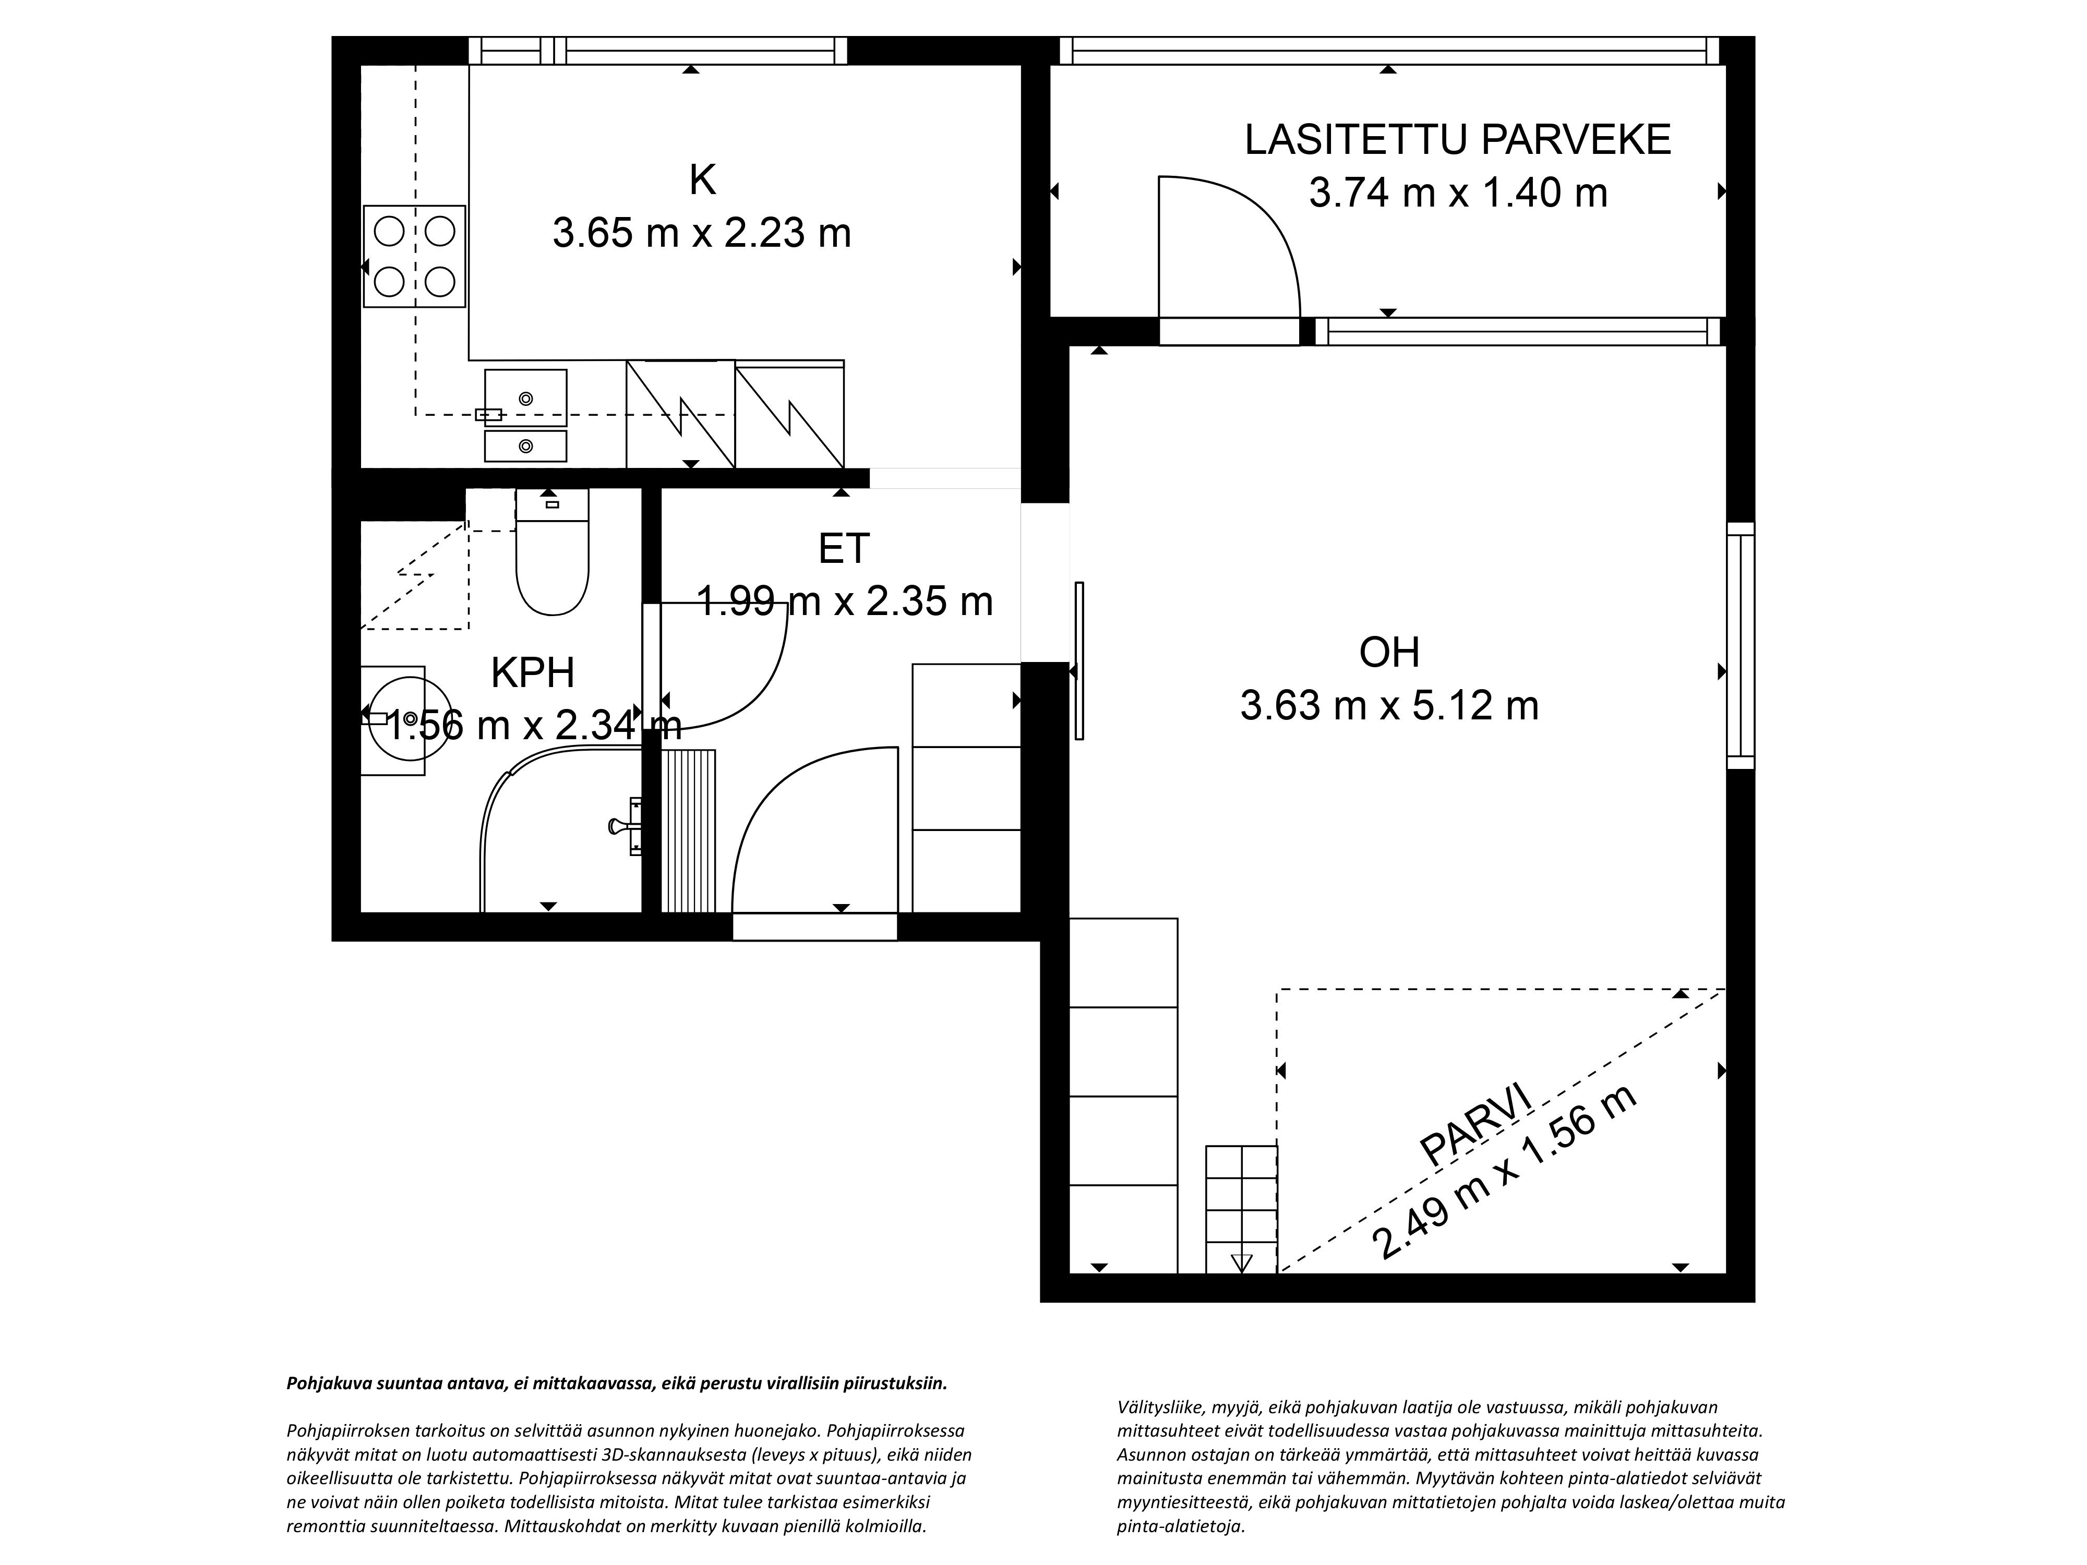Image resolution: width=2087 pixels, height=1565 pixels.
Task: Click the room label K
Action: click(702, 180)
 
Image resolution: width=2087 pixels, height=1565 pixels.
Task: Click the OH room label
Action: click(1389, 653)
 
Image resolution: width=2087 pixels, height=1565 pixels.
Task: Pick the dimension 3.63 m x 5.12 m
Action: click(1389, 706)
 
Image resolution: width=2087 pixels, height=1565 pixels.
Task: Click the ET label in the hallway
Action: click(844, 549)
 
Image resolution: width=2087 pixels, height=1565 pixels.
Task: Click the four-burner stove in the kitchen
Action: click(415, 257)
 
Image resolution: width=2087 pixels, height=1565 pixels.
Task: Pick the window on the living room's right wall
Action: click(1740, 646)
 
